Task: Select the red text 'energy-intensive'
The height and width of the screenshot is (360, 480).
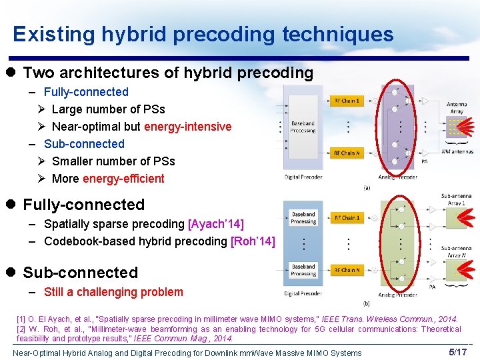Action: (187, 127)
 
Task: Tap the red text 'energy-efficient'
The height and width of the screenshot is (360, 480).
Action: (123, 179)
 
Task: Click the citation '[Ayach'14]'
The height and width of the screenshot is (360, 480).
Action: (216, 224)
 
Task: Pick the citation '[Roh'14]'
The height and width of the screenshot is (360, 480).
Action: (252, 241)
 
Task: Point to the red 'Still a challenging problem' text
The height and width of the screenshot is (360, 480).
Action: (113, 292)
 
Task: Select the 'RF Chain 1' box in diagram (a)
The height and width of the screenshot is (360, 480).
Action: (346, 101)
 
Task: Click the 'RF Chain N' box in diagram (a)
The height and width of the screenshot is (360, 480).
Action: (346, 153)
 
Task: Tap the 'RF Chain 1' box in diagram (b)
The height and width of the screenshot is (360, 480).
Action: (346, 218)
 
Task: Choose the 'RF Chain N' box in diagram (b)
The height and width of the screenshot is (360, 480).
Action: (346, 270)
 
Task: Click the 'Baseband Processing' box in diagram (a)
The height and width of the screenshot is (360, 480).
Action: (303, 127)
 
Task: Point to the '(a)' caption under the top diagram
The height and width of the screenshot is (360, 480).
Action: (367, 188)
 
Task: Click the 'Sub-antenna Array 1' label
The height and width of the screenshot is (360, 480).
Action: (455, 199)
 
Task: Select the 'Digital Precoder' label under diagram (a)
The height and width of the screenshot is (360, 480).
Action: (303, 177)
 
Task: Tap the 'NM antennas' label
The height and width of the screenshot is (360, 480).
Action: (457, 152)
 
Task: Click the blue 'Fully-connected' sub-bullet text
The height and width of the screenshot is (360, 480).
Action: (86, 92)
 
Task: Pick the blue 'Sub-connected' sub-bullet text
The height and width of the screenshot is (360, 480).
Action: (84, 144)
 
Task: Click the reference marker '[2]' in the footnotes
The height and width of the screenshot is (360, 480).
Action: (21, 329)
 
